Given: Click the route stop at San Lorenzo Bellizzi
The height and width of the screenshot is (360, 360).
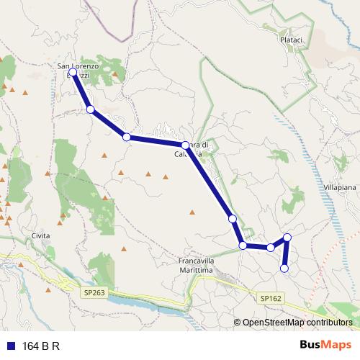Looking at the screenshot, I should (73, 72).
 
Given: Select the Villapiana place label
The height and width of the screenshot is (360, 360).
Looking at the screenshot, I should (343, 186).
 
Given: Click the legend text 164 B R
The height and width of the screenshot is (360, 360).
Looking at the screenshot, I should (41, 346).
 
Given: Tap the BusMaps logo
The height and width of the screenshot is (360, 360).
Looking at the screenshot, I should (325, 345).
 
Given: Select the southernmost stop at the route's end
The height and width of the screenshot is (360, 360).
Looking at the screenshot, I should (284, 269).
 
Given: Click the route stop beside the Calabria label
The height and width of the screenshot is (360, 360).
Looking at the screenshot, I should (185, 145).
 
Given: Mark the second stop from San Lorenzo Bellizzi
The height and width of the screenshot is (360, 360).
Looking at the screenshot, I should (90, 109).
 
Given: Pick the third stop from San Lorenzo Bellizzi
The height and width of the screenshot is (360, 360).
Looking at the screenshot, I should (126, 137).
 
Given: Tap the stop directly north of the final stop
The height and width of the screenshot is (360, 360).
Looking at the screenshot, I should (287, 237).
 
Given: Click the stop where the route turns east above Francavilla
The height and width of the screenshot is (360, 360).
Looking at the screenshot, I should (243, 246).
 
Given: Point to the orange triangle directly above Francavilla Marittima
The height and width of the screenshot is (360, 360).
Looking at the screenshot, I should (192, 212).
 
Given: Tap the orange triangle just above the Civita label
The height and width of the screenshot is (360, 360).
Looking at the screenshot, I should (61, 214).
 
